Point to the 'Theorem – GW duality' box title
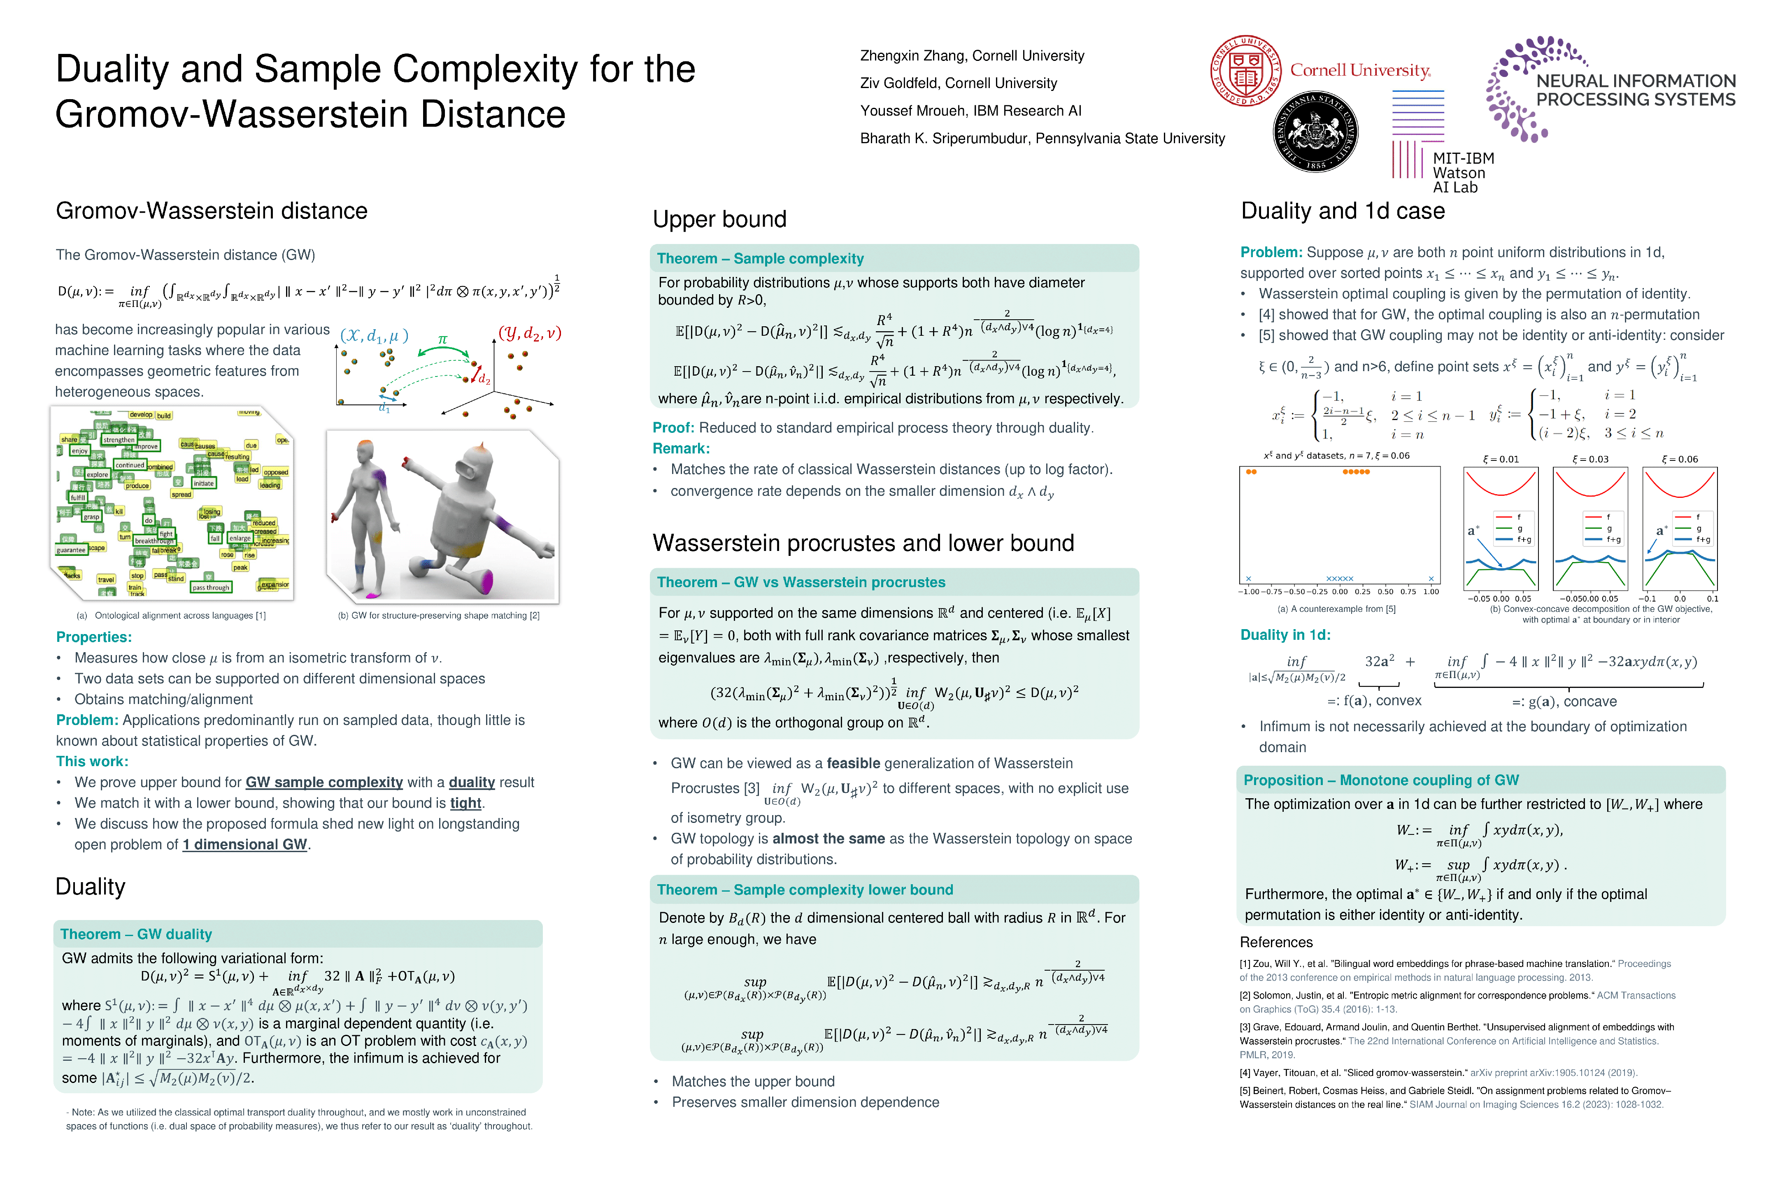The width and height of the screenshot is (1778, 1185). (x=136, y=934)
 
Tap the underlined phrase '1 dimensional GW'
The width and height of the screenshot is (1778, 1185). (x=245, y=844)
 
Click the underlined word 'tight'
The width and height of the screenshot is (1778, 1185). (x=465, y=803)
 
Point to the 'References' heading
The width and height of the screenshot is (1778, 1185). (x=1275, y=942)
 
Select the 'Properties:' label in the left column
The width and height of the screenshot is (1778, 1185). (x=94, y=637)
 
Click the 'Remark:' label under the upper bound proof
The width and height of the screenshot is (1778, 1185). (x=680, y=448)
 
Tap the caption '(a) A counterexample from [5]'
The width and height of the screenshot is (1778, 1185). (x=1336, y=609)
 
